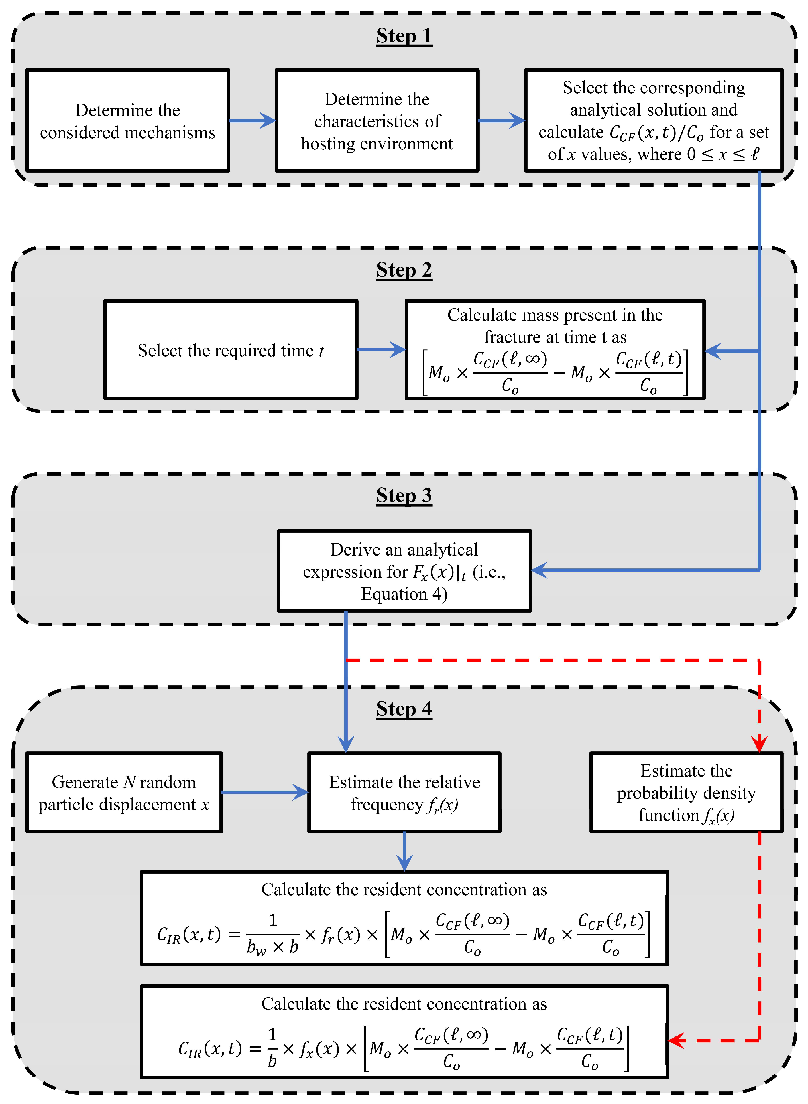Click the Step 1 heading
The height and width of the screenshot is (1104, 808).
tap(404, 36)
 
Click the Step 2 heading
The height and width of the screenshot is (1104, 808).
tap(404, 270)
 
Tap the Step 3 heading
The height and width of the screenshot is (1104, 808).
tap(404, 495)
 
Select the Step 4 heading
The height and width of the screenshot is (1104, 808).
tap(404, 709)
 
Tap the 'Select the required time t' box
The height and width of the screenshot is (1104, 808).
tap(231, 350)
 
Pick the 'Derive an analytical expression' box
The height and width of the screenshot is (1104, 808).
tap(404, 571)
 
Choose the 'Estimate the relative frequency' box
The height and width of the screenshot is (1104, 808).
tap(404, 793)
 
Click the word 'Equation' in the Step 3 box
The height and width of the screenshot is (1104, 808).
tap(394, 594)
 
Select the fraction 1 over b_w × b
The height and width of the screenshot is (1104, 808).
tap(272, 935)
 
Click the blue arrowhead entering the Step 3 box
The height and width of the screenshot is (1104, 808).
tap(540, 570)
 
